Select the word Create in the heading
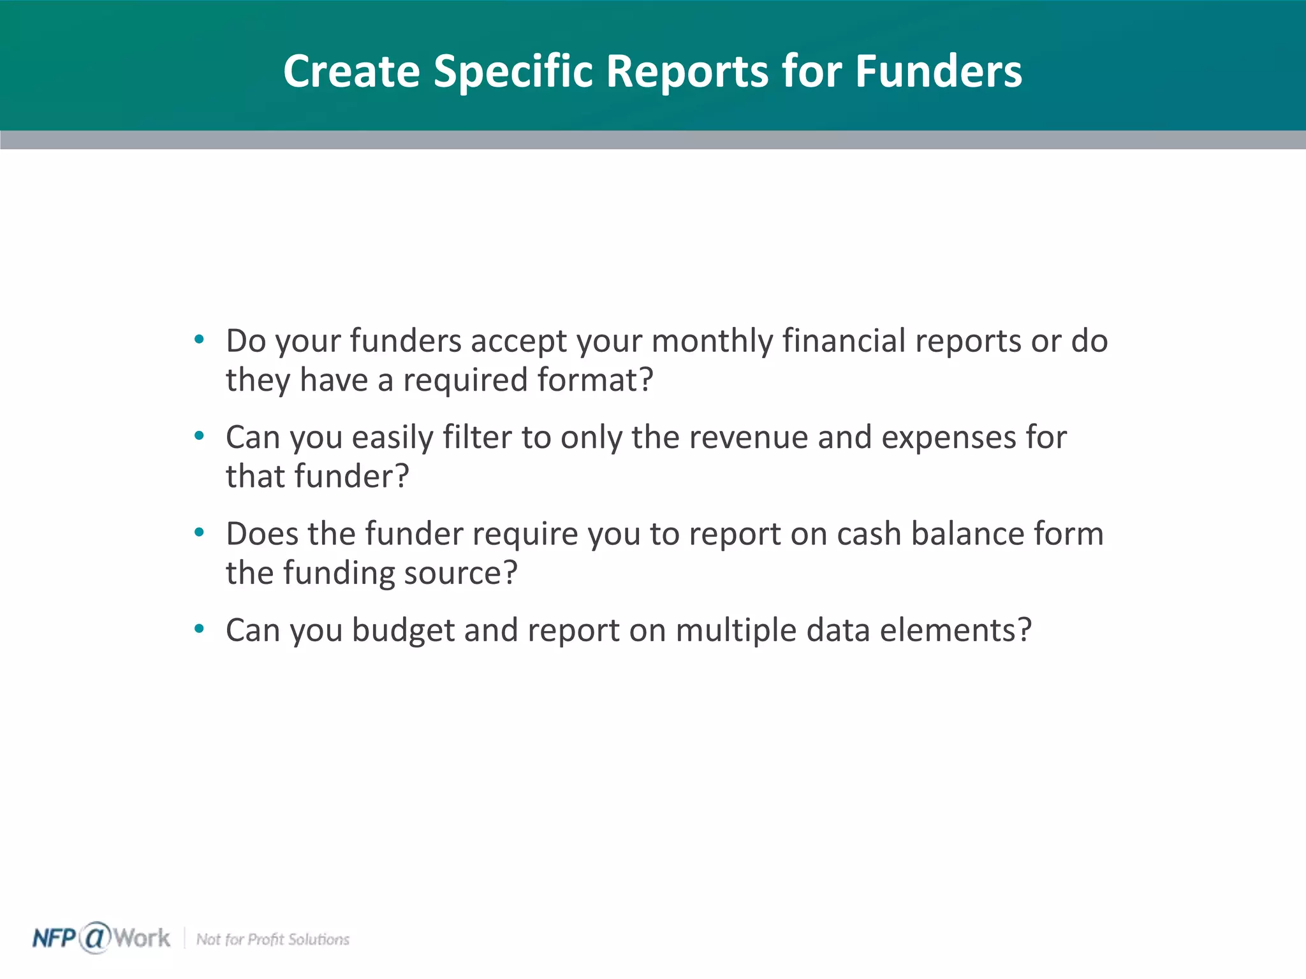click(x=351, y=71)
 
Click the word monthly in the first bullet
click(x=712, y=341)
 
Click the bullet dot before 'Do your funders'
click(x=199, y=340)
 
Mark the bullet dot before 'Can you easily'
click(x=199, y=436)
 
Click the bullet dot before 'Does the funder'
click(x=199, y=532)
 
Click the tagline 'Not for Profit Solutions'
click(x=273, y=939)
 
